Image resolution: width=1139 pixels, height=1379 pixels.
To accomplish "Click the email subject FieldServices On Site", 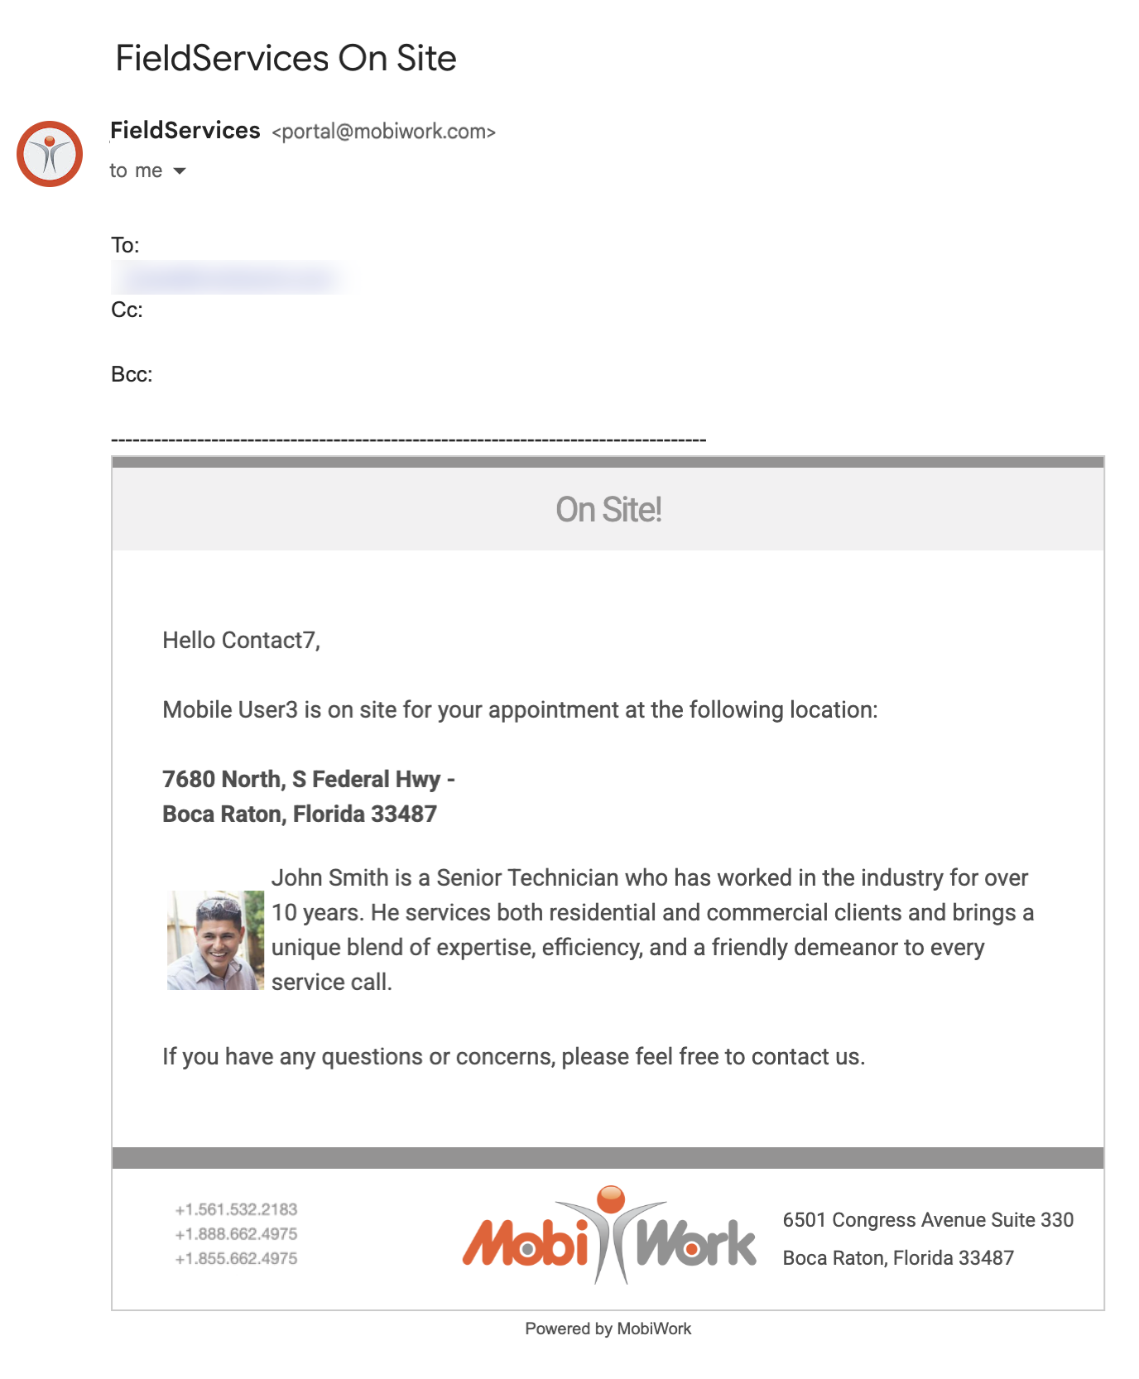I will pos(286,59).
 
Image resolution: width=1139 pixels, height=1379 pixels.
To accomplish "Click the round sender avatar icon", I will pos(50,154).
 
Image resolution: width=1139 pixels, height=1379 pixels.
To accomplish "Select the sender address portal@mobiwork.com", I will pos(384,132).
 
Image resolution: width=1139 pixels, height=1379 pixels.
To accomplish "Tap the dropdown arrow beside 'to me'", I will pos(180,171).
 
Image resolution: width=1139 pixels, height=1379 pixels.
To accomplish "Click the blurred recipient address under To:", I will pos(234,278).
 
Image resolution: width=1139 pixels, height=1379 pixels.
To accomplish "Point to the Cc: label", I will pos(127,310).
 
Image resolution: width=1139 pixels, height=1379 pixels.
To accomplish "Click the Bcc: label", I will pos(132,374).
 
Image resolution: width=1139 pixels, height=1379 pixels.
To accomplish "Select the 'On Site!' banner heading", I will pos(608,510).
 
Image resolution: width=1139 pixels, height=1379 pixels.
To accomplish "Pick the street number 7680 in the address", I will pos(189,779).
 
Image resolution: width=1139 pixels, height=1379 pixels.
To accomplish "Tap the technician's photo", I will pos(216,940).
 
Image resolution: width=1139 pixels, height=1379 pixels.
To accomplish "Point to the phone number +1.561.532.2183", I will pos(236,1209).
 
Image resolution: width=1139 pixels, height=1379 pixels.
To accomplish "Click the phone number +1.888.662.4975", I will pos(236,1233).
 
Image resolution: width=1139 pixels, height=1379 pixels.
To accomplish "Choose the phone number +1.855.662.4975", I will pos(236,1258).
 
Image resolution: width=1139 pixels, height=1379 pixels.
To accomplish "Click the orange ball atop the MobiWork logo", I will pos(611,1199).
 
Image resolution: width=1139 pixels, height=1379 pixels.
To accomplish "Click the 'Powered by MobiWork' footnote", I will pos(608,1329).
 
